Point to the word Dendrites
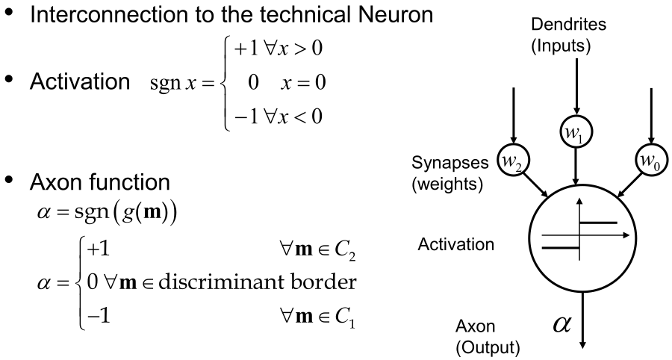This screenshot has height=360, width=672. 573,25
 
